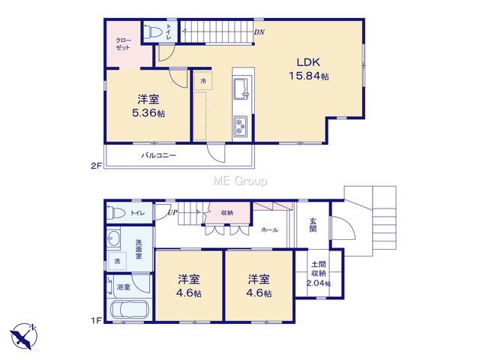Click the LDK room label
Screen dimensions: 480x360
click(x=308, y=62)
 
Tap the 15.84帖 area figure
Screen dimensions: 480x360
click(x=309, y=76)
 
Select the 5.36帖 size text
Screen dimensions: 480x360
click(x=148, y=113)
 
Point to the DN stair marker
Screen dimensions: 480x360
click(x=259, y=32)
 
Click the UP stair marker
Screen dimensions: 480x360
click(x=172, y=212)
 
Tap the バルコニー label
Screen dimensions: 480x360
click(x=158, y=155)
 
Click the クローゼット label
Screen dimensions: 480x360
click(x=123, y=44)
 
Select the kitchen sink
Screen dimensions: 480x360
click(x=241, y=88)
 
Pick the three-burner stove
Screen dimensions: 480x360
click(x=241, y=126)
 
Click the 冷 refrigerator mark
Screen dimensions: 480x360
click(x=203, y=81)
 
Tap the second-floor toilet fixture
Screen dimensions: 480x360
click(x=153, y=31)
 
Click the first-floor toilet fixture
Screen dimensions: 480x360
click(x=116, y=213)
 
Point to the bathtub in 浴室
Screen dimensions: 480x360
click(x=129, y=310)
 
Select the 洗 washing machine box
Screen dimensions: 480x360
click(x=117, y=261)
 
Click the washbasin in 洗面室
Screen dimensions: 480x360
click(x=113, y=237)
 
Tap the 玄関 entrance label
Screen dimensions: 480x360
click(x=313, y=225)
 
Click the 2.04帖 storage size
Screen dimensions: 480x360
click(x=318, y=283)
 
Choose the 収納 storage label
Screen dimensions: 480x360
click(x=227, y=213)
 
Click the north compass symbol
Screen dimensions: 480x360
click(x=24, y=336)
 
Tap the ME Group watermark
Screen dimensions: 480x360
click(x=240, y=181)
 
